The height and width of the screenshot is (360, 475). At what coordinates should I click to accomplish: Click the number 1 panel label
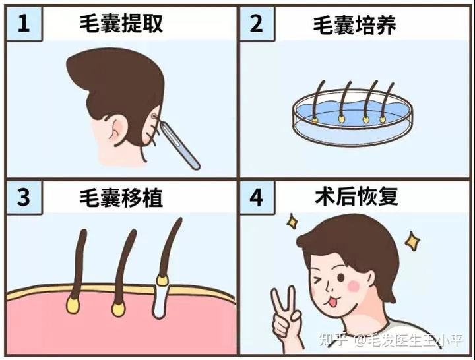point(24,24)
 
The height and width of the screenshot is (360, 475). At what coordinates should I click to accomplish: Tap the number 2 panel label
point(256,24)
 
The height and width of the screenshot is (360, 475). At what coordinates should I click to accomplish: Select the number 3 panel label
point(24,197)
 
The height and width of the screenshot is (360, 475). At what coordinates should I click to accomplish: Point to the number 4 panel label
point(256,197)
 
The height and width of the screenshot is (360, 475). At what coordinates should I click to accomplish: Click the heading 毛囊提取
point(121,23)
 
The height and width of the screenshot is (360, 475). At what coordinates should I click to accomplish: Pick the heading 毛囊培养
point(354,24)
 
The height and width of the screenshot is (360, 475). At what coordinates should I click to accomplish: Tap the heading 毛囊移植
point(121,198)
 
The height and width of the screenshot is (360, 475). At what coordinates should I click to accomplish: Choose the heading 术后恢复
point(356,197)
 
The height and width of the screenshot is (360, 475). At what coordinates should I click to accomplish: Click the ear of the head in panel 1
point(116,129)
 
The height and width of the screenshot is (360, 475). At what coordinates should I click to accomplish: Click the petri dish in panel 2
point(352,117)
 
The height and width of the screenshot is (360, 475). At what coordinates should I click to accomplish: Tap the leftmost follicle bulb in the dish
point(315,121)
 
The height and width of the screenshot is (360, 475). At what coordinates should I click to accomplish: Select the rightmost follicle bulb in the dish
point(383,119)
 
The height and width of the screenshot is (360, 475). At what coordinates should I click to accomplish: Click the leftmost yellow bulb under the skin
point(73,305)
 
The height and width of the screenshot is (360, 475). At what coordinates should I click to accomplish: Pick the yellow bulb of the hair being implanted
point(162,280)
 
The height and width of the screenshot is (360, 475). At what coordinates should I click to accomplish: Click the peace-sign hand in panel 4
point(286,318)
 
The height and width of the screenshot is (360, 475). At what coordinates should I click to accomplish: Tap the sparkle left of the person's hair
point(292,222)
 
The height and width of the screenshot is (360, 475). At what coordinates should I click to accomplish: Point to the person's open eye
point(341,278)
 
